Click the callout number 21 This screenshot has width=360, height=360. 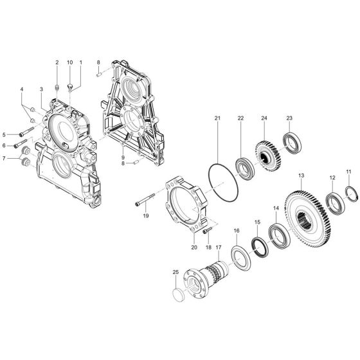[217, 118]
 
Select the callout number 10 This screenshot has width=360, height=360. [69, 62]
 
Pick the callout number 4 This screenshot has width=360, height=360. [21, 89]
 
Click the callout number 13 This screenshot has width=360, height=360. [301, 175]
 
